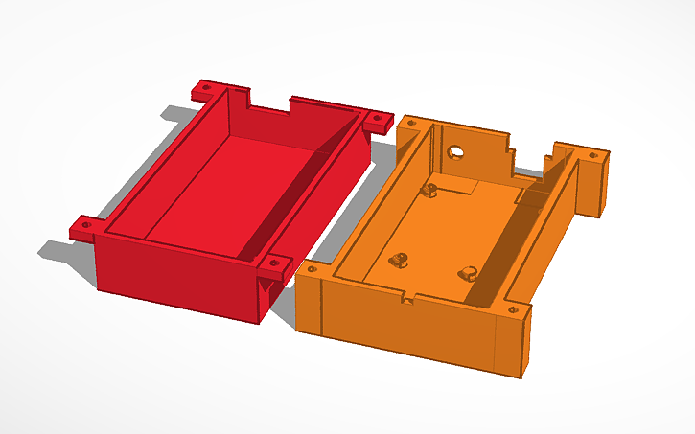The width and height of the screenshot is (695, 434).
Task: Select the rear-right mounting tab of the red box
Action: (x=376, y=120)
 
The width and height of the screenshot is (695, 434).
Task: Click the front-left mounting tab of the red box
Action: (x=84, y=228)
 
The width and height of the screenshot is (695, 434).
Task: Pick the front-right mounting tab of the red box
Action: (x=275, y=266)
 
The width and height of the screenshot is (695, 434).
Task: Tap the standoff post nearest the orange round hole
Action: (x=430, y=189)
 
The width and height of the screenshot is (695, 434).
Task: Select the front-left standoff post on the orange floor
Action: (x=398, y=260)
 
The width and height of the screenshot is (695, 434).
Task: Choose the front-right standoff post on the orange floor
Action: (x=468, y=271)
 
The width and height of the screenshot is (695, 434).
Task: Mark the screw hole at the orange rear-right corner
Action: (x=592, y=154)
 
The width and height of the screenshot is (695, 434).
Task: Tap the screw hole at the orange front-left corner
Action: (x=310, y=272)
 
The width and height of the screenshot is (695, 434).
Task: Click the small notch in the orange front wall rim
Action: (x=408, y=300)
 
